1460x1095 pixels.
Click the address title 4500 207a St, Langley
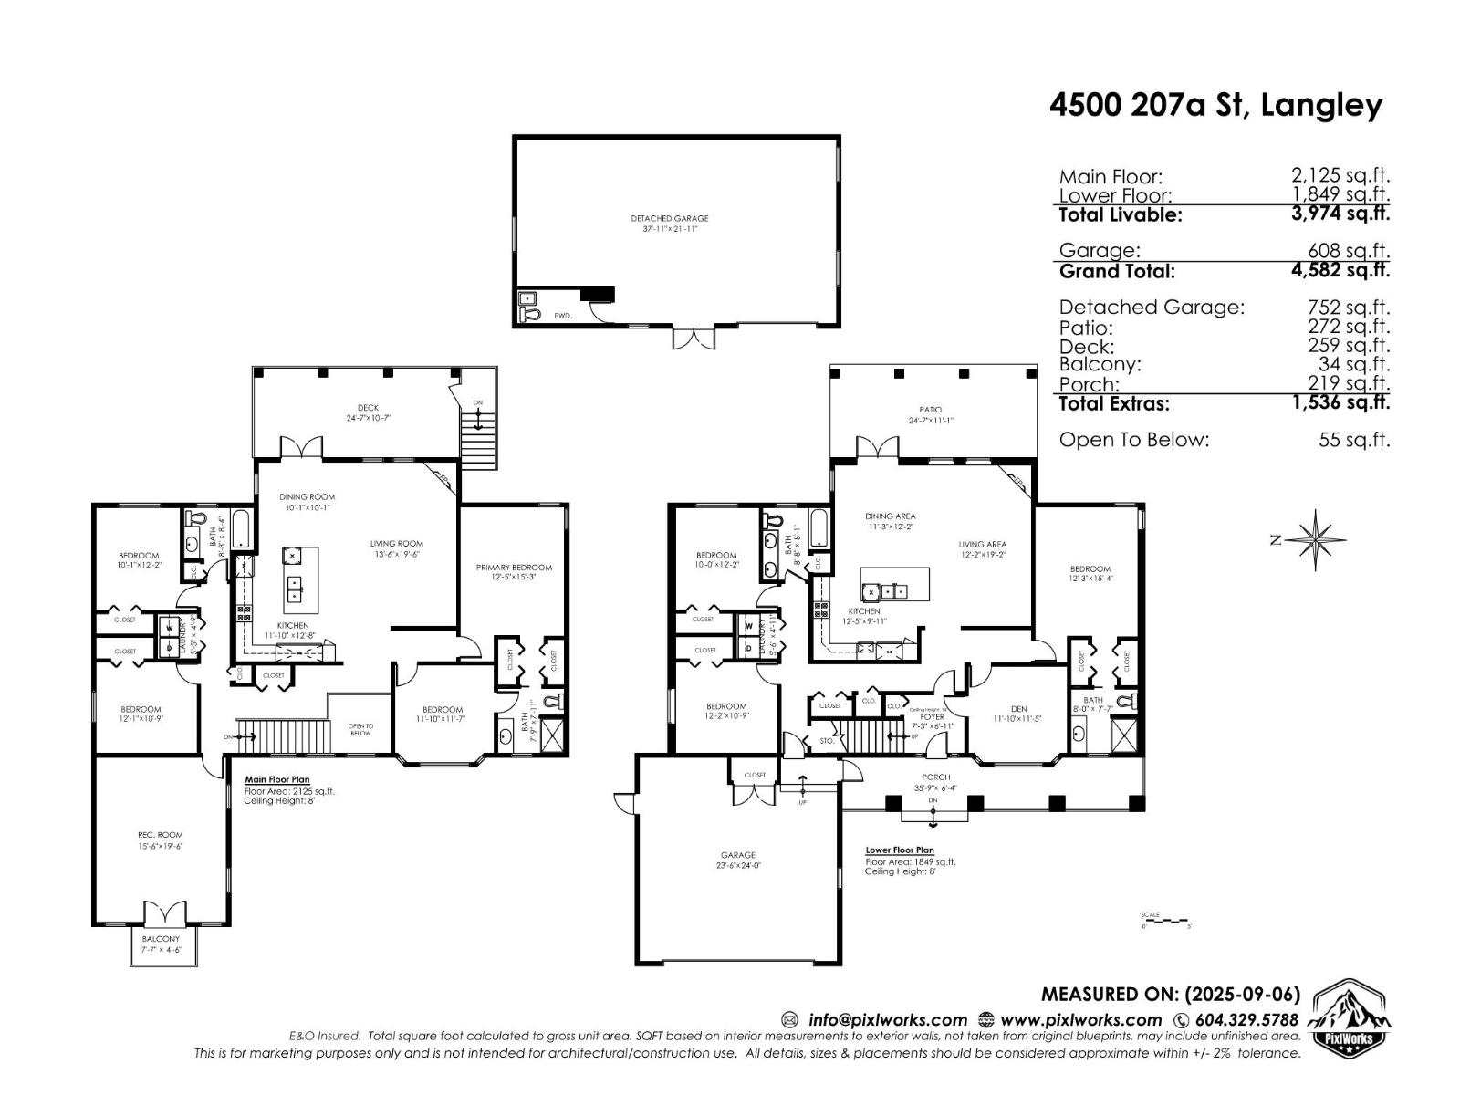1215,106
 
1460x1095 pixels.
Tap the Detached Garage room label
669,219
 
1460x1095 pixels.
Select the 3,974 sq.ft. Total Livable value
1340,214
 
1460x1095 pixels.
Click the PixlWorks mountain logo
1350,1019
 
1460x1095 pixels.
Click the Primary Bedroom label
514,568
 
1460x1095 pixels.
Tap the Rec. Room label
160,834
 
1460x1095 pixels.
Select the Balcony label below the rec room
161,938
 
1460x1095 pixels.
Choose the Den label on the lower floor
1018,709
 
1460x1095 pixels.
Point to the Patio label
930,410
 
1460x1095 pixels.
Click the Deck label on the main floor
368,408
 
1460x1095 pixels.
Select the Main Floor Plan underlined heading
276,780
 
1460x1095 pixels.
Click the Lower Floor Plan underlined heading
899,850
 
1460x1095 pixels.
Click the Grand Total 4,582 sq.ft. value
1340,270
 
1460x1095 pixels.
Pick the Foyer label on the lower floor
933,717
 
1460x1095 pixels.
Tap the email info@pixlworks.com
886,1020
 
